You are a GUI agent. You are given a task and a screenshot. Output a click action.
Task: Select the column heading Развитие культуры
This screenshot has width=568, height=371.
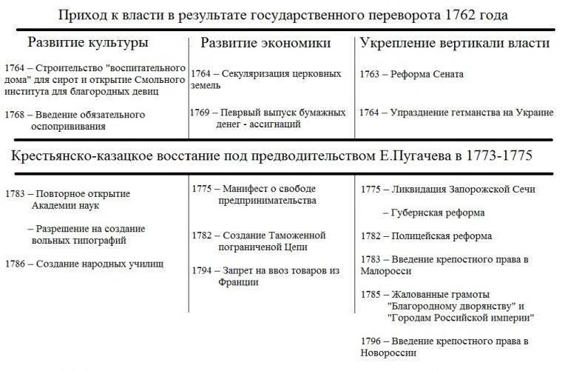(x=87, y=42)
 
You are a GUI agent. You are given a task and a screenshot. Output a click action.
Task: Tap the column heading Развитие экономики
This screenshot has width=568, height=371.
(x=266, y=43)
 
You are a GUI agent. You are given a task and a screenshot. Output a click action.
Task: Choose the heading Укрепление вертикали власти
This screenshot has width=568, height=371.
(x=455, y=43)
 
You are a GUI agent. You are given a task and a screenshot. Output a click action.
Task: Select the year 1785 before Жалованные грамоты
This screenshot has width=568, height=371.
(x=372, y=294)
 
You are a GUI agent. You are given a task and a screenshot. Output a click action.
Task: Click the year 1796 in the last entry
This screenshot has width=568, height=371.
(x=372, y=341)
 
